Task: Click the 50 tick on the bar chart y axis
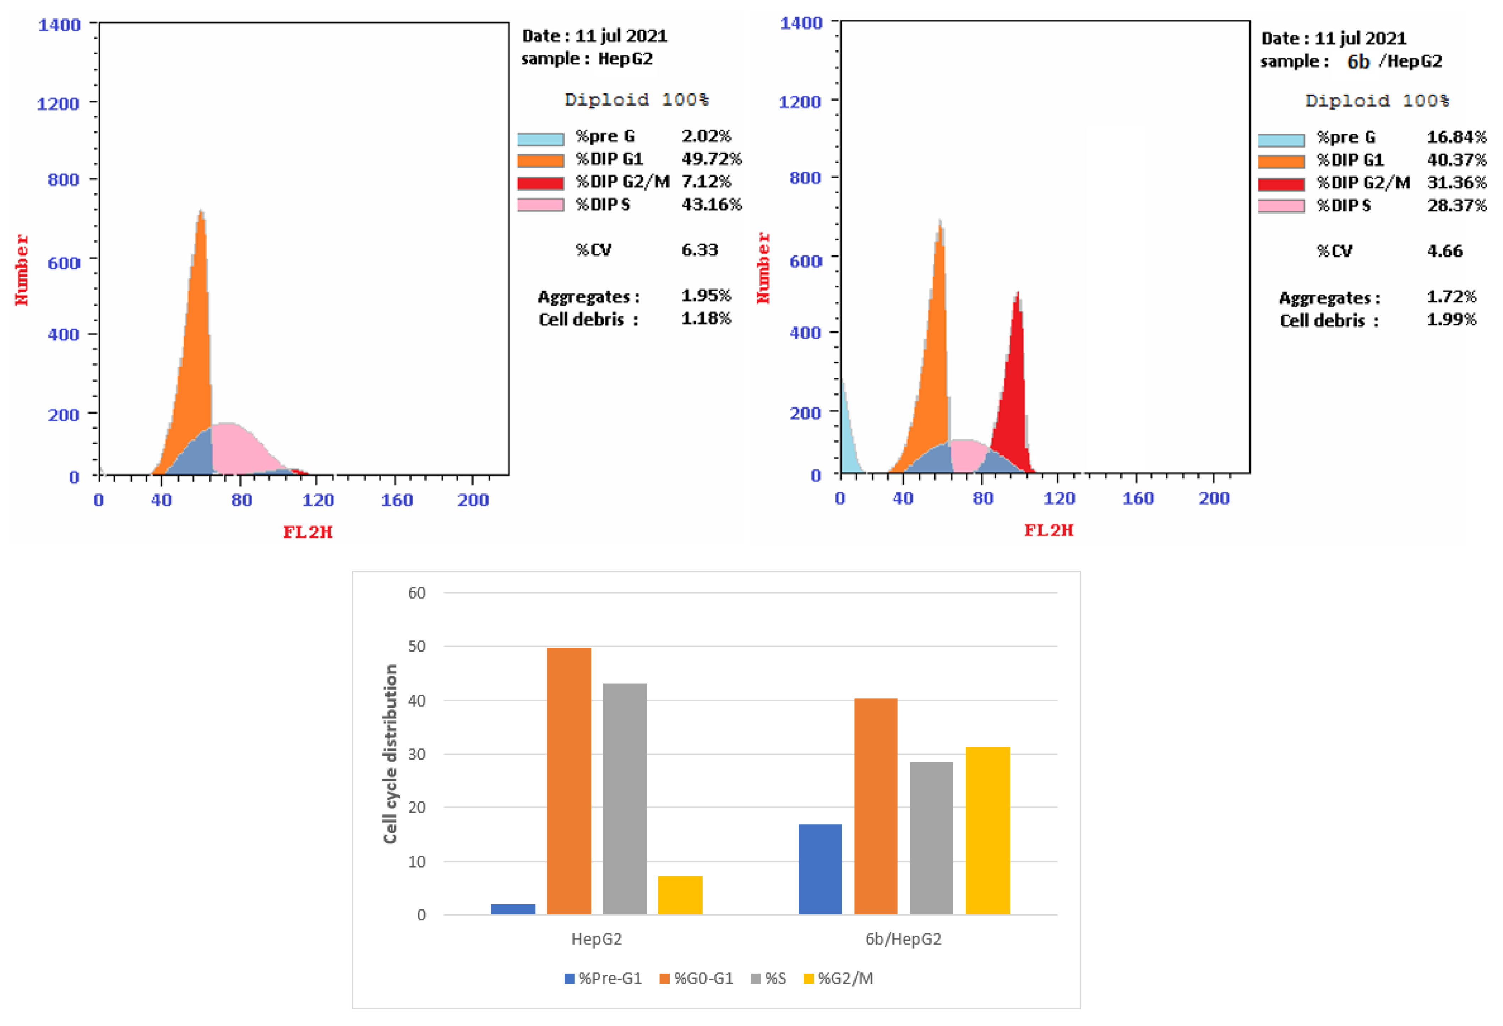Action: [416, 646]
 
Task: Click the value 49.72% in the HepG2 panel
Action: [711, 158]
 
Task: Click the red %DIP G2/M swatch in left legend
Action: [540, 183]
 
